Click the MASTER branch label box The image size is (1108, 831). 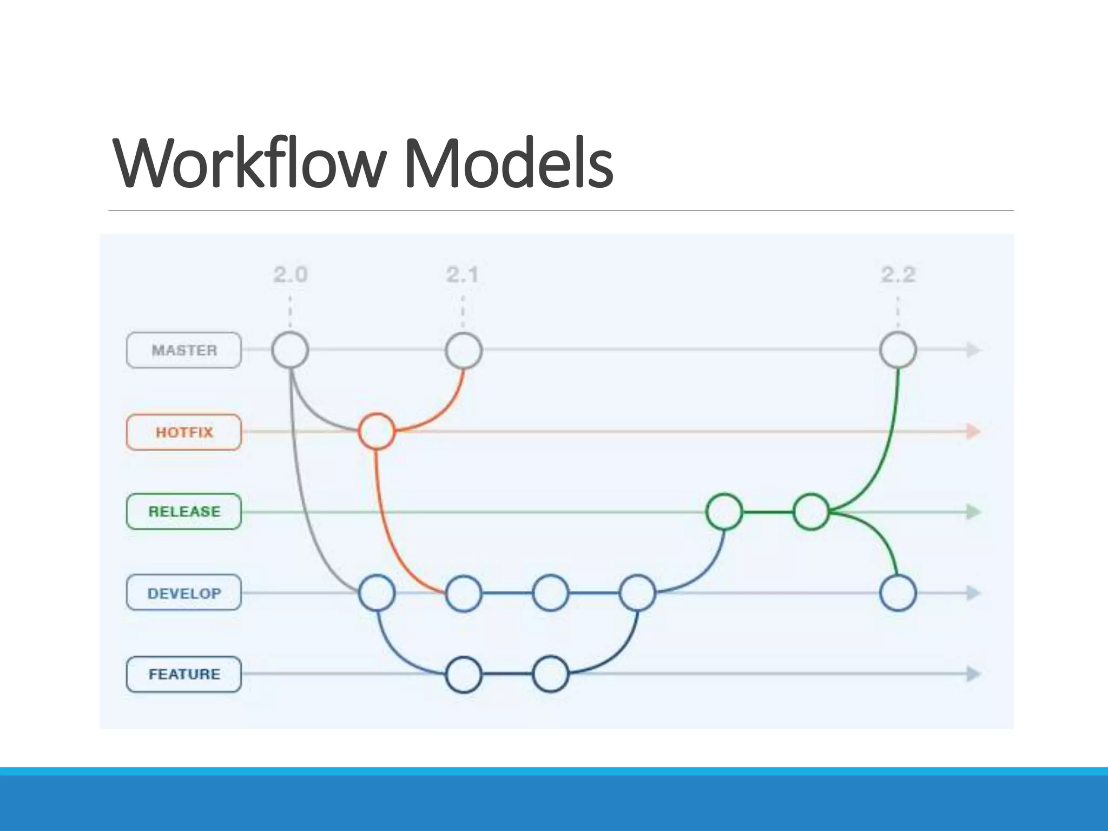[184, 350]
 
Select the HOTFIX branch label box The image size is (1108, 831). [184, 432]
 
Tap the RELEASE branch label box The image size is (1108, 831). [184, 511]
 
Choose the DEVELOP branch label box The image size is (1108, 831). [184, 593]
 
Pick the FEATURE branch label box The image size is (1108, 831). [184, 674]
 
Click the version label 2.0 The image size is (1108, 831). [290, 275]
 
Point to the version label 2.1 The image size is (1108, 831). [463, 275]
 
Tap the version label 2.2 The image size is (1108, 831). [898, 275]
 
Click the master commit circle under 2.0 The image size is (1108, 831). [290, 350]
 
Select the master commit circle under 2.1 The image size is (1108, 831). [464, 350]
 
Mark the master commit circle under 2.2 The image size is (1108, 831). [898, 350]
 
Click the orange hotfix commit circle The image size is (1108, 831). [377, 431]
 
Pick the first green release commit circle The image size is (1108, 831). [724, 511]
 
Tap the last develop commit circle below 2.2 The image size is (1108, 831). [898, 593]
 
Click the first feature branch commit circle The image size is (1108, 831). [464, 674]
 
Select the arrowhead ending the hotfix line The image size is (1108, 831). [973, 431]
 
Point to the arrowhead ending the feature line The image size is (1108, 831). [973, 674]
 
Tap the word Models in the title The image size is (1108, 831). [509, 163]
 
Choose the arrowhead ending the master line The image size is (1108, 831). [973, 350]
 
